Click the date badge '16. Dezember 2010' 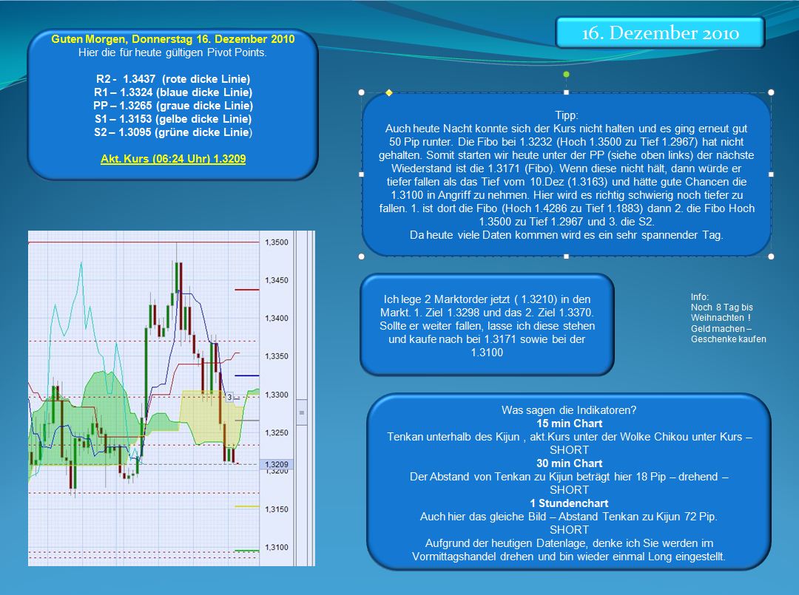(x=660, y=33)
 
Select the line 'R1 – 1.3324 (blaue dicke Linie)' (x=173, y=92)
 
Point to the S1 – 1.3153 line (x=173, y=119)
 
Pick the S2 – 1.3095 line (x=173, y=132)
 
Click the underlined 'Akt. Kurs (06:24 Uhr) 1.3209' (x=173, y=159)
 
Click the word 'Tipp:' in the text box (x=566, y=115)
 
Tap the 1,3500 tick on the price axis (x=277, y=242)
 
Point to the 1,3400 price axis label (x=277, y=319)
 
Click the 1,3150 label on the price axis (x=277, y=509)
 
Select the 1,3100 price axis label (x=277, y=548)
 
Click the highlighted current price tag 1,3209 (x=277, y=464)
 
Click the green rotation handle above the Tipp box (x=566, y=75)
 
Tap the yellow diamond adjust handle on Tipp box (x=388, y=92)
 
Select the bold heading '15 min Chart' (x=569, y=424)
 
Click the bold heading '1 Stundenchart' (x=569, y=503)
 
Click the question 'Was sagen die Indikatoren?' (x=569, y=410)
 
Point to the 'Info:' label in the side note (x=700, y=297)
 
